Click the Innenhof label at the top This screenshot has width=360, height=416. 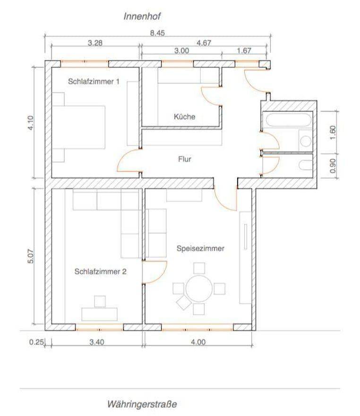tap(142, 17)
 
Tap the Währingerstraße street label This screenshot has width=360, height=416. tap(142, 404)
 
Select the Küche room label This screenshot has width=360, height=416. tap(184, 117)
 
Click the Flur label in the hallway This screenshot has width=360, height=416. tap(185, 159)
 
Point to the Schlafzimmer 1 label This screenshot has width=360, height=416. tap(94, 81)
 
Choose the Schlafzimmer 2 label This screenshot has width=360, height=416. tap(100, 272)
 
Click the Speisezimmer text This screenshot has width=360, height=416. tap(200, 248)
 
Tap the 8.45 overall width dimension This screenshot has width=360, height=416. tap(157, 33)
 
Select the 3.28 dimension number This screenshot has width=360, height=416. tap(95, 42)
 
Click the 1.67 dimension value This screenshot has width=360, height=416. tap(244, 51)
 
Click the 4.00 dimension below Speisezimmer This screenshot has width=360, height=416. tap(198, 342)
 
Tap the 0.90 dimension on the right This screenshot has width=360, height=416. tap(333, 166)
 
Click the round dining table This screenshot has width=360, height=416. tap(199, 288)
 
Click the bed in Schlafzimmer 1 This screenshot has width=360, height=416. tap(78, 127)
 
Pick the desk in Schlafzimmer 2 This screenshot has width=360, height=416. tap(100, 314)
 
